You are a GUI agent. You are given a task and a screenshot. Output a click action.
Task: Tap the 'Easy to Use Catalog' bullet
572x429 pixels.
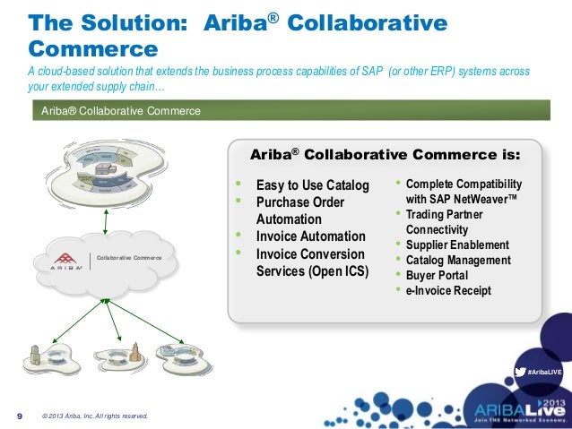(x=312, y=185)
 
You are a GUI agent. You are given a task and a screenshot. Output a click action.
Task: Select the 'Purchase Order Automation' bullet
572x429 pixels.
(x=300, y=210)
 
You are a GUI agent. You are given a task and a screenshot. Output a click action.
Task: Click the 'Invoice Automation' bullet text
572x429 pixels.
(x=310, y=236)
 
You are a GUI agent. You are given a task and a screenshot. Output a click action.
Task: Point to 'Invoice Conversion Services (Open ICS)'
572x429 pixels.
(x=312, y=262)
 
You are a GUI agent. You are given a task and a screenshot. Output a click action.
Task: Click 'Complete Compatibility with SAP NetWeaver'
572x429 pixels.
(x=463, y=191)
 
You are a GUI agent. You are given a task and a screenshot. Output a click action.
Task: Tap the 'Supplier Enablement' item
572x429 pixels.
(x=457, y=245)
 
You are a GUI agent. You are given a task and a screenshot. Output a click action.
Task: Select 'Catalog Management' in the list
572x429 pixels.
(x=458, y=261)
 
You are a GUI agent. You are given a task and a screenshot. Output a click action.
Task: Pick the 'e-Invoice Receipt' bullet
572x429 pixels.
(x=448, y=291)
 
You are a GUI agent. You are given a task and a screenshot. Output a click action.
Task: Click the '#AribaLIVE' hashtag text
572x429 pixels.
(x=543, y=371)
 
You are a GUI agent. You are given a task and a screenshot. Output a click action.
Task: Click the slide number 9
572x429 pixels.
(x=20, y=416)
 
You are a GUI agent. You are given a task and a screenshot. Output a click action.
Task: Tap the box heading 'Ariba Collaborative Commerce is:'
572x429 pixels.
(x=384, y=154)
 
